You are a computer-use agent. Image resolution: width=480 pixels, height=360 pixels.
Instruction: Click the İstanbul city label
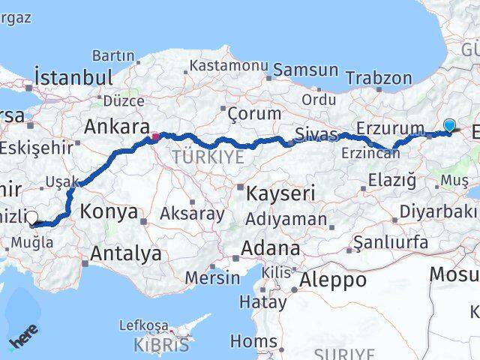pos(73,78)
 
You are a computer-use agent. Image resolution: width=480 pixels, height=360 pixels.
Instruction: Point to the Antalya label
pos(125,253)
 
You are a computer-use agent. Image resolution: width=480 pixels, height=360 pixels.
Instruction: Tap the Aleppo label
pos(333,280)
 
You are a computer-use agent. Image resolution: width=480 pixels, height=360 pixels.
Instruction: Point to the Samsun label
pos(305,70)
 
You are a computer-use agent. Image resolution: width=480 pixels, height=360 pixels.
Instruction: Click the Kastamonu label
pos(228,65)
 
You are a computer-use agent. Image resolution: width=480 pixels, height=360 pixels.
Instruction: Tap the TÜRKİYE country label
pos(208,156)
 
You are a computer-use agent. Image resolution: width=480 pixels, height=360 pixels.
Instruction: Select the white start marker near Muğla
pos(31,218)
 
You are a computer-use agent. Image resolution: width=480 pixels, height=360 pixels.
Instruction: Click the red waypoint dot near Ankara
pos(155,136)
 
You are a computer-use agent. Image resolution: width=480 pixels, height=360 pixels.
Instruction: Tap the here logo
pos(23,338)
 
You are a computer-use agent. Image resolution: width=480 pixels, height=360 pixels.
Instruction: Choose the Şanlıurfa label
pos(390,242)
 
